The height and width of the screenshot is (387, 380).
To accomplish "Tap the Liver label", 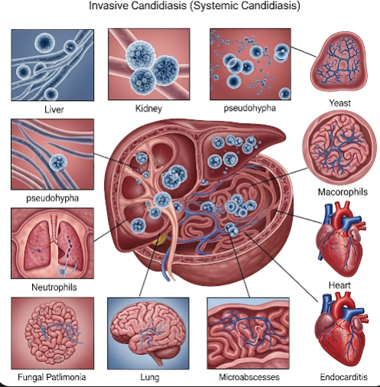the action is (x=54, y=109).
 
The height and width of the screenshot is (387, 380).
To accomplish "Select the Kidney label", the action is (x=148, y=109).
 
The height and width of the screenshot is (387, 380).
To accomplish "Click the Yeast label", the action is (x=339, y=103).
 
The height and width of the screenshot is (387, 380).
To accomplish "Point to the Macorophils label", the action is (x=343, y=192).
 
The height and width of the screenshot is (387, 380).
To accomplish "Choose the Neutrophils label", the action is (x=54, y=287).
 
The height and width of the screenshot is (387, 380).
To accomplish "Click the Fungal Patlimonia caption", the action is (x=52, y=377).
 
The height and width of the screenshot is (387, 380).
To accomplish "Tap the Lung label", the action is (x=150, y=378).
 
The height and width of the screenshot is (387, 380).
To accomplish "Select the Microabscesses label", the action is (x=249, y=377).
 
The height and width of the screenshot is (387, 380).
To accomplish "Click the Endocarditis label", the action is (x=344, y=377).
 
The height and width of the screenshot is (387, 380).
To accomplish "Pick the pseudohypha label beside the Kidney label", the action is (x=250, y=108).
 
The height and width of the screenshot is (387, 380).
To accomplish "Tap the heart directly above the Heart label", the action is (x=340, y=239).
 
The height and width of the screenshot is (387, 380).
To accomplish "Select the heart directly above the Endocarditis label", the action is (x=340, y=329).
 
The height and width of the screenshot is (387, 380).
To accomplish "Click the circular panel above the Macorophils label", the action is (x=339, y=148).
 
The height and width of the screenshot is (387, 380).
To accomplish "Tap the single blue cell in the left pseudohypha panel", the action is (x=58, y=162).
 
